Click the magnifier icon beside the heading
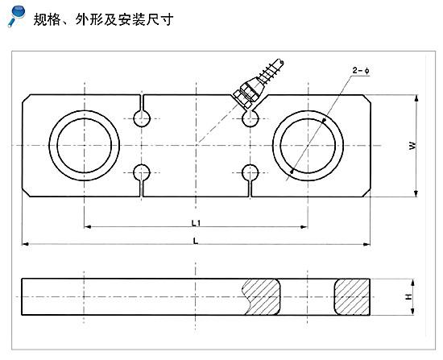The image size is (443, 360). point(16,16)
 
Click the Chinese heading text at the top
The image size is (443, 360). point(103,20)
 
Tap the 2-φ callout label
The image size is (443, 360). point(361,70)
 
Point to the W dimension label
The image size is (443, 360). point(412,145)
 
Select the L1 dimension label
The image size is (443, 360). point(196,223)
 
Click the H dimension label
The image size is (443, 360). point(408,296)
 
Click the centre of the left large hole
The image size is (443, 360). point(85,146)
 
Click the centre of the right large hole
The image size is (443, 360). point(308,146)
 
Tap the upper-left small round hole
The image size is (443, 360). point(142,118)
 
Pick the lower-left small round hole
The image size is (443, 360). point(142,172)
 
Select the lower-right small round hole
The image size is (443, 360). point(250,172)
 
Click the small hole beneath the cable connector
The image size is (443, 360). point(250,118)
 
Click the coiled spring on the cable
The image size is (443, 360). point(270,72)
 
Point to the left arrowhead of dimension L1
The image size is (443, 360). point(88,226)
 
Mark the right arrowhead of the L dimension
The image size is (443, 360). point(366,244)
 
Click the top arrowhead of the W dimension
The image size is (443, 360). point(416,98)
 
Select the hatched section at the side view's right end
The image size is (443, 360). point(352,296)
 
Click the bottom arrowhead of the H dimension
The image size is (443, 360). point(412,312)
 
